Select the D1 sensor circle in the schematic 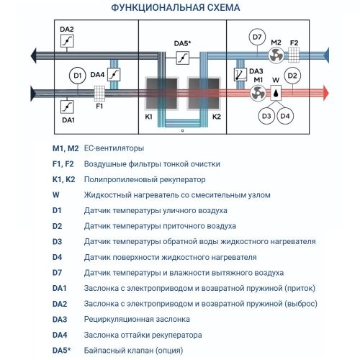point(77,74)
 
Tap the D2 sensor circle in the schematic point(292,75)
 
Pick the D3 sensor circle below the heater point(267,115)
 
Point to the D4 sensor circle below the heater point(286,115)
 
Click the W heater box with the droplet point(276,93)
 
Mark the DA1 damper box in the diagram point(68,106)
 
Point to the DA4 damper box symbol point(114,74)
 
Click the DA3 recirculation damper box point(239,75)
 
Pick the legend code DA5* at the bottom point(62,351)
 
